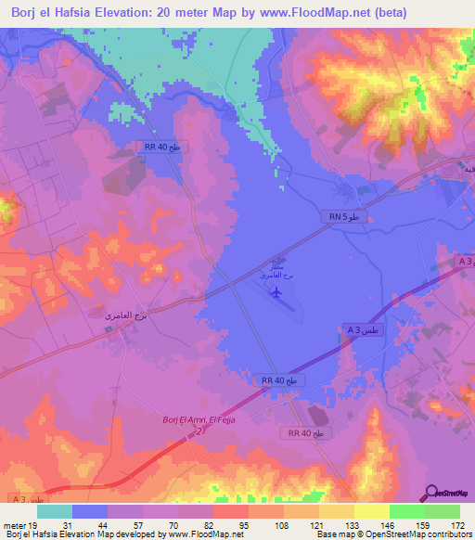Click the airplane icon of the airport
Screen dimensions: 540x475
click(276, 293)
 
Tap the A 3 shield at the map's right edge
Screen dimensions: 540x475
click(466, 264)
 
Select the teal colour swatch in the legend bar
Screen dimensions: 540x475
click(55, 511)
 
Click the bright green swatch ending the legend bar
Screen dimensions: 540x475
click(443, 511)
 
